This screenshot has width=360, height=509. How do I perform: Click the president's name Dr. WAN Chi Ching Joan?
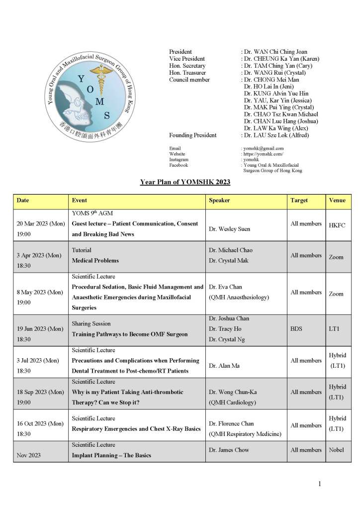(275, 52)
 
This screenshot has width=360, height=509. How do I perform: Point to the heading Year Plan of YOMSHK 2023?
(185, 182)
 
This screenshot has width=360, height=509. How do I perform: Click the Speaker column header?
(219, 201)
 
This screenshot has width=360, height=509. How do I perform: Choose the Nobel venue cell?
(336, 450)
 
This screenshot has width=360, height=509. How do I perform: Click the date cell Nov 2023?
(29, 455)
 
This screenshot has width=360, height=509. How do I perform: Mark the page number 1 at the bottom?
(320, 484)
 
